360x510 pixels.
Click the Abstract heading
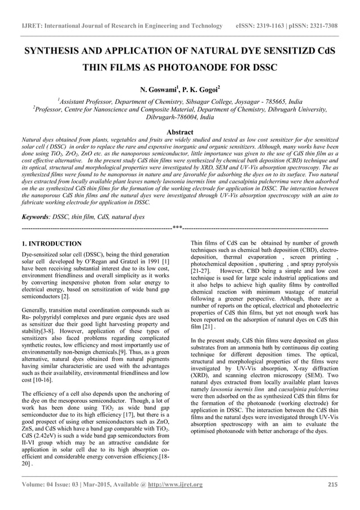179,130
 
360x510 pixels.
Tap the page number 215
332,485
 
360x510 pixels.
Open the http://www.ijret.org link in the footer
175,485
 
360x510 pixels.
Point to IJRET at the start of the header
32,26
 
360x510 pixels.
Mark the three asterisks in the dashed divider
177,228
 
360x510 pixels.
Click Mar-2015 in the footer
102,485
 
